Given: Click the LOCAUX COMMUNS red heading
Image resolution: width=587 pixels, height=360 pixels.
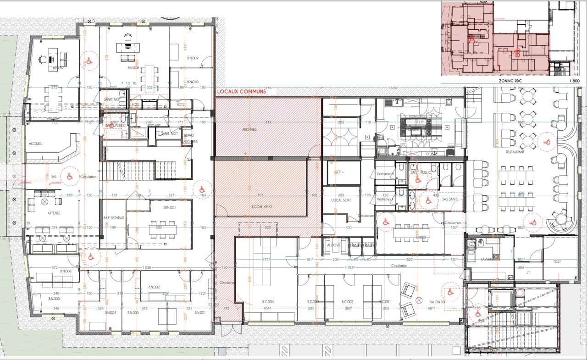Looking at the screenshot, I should pyautogui.click(x=241, y=92).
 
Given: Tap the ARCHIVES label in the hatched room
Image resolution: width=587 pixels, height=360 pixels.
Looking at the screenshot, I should pyautogui.click(x=249, y=130).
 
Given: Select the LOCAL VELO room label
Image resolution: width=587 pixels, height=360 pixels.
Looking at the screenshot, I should pyautogui.click(x=262, y=207).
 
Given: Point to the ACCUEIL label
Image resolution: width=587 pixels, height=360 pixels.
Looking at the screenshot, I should pyautogui.click(x=35, y=144).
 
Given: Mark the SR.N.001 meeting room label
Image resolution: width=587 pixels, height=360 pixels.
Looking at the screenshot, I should pyautogui.click(x=169, y=207).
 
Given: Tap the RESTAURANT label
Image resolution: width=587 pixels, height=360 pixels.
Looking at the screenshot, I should pyautogui.click(x=515, y=151).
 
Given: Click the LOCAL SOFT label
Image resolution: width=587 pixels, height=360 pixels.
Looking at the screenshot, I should pyautogui.click(x=340, y=200).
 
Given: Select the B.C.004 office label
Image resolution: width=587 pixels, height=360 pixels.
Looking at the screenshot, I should pyautogui.click(x=268, y=302).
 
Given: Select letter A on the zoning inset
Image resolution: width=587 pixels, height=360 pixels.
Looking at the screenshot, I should pyautogui.click(x=471, y=40).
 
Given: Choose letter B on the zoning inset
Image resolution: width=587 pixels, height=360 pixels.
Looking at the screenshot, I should pyautogui.click(x=517, y=54).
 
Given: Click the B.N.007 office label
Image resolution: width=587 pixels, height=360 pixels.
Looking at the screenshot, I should pyautogui.click(x=57, y=68).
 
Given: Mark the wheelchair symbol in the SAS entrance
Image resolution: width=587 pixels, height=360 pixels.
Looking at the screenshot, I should pyautogui.click(x=70, y=176).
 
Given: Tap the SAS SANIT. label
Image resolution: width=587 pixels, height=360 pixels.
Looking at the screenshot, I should pyautogui.click(x=451, y=199).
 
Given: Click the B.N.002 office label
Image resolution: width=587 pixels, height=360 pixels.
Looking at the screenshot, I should pyautogui.click(x=153, y=287).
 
